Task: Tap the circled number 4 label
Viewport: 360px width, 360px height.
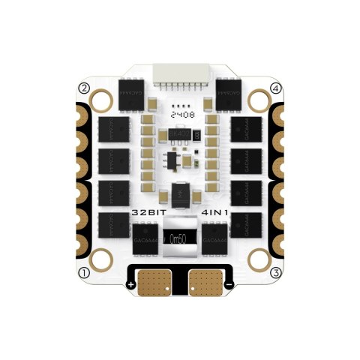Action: pos(276,88)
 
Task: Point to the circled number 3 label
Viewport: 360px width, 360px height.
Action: pos(276,271)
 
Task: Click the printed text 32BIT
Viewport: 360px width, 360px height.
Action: pos(147,212)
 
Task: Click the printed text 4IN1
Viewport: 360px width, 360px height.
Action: pos(214,212)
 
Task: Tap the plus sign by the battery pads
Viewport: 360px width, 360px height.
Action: pos(131,286)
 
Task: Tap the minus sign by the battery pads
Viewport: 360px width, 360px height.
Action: pos(229,286)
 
